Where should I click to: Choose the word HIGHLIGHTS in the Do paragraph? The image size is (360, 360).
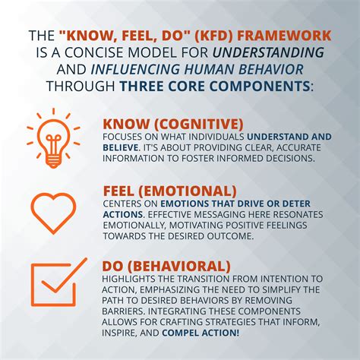[131, 279]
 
